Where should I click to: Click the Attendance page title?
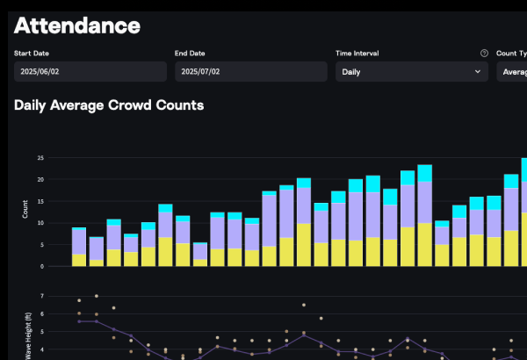tap(77, 25)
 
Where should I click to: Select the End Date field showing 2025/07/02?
tap(251, 72)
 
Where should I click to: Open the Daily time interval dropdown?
tap(411, 72)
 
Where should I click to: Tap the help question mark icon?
tap(484, 54)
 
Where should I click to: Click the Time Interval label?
tap(357, 54)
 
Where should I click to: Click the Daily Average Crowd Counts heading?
tap(109, 105)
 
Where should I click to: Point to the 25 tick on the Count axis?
tap(40, 158)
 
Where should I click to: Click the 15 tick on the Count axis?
tap(40, 201)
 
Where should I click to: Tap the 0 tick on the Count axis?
tap(42, 266)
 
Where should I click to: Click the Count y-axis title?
tap(25, 212)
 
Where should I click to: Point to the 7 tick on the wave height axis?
tap(42, 296)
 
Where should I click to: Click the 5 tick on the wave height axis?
tap(42, 332)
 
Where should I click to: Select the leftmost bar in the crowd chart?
tap(79, 247)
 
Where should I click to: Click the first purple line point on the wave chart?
tap(79, 321)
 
